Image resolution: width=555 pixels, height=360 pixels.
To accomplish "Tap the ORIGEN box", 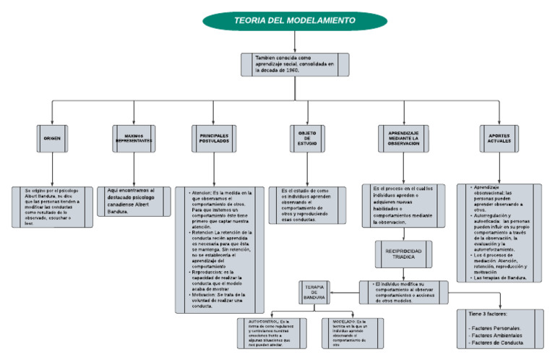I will click(x=53, y=138).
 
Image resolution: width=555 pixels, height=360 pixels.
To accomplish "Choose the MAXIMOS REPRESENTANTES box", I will click(x=134, y=138).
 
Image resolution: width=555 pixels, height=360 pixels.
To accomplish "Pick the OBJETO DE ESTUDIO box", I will click(x=309, y=138).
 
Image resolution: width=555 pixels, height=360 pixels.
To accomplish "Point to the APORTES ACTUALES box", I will click(x=499, y=138).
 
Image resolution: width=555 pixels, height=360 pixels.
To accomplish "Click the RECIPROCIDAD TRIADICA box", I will click(x=403, y=254).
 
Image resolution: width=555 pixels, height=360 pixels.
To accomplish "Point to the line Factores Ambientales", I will click(x=497, y=335).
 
